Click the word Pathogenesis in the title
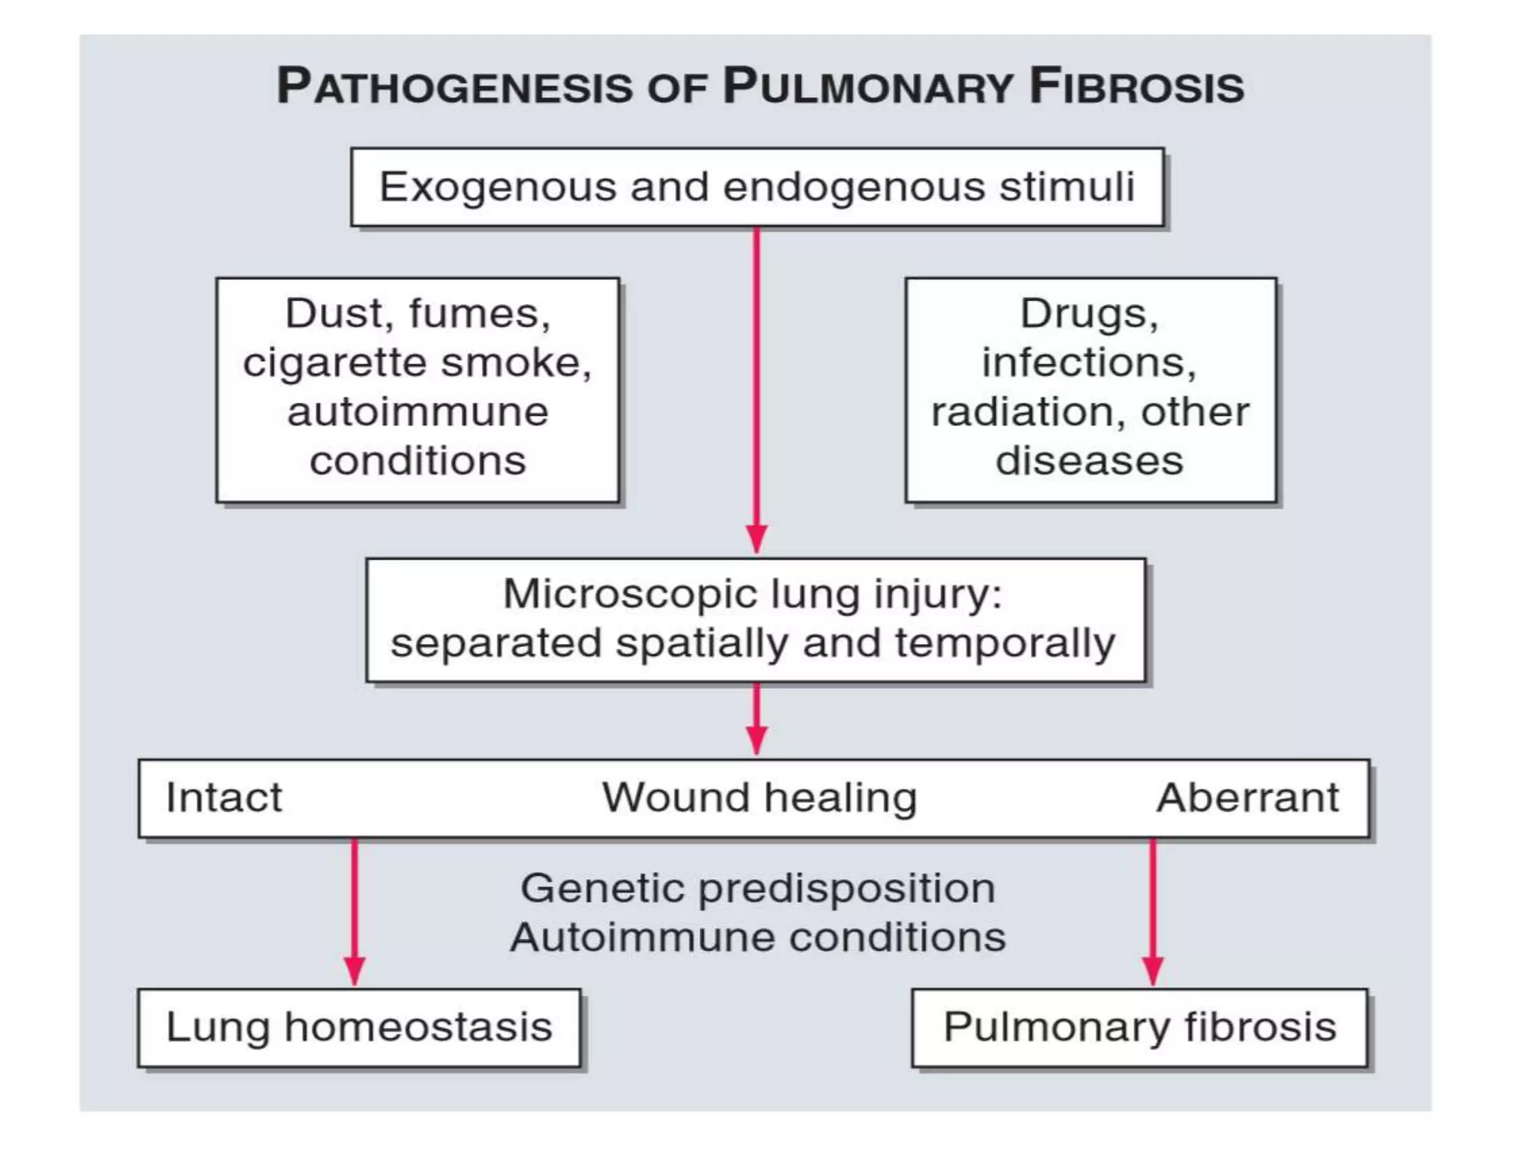click(455, 86)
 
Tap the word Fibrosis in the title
click(1136, 86)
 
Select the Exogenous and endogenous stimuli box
click(757, 187)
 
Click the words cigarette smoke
click(418, 363)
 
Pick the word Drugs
click(1089, 313)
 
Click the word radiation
click(1022, 412)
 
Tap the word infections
click(1089, 363)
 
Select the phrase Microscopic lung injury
click(752, 594)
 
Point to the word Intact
click(224, 797)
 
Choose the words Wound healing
click(759, 797)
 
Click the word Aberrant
click(1247, 797)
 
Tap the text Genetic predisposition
click(758, 889)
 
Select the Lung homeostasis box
click(359, 1028)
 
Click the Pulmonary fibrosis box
click(1139, 1028)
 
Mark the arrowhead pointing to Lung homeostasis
click(354, 971)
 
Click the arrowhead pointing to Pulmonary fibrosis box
click(1153, 971)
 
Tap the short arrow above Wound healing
click(756, 719)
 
